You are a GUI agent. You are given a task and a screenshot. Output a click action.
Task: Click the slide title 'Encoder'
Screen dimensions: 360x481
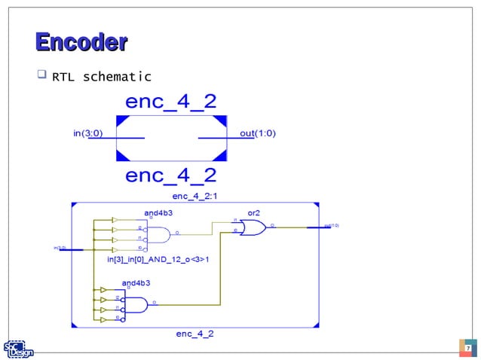click(81, 42)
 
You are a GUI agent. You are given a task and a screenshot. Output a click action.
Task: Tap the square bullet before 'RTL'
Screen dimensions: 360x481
click(41, 76)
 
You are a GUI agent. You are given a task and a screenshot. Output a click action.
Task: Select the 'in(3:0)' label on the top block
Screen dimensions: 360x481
click(88, 133)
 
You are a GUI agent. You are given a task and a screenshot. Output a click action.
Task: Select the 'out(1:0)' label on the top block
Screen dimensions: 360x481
click(258, 133)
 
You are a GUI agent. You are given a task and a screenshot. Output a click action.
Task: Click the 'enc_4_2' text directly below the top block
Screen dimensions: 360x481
click(170, 175)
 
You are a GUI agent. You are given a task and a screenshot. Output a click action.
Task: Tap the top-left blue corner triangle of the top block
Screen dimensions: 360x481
click(121, 121)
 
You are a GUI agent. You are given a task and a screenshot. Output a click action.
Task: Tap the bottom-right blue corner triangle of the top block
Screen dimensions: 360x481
click(220, 156)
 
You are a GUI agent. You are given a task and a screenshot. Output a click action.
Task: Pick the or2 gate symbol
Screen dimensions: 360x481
click(253, 227)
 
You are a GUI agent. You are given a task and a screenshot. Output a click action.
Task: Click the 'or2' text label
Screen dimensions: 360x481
click(247, 212)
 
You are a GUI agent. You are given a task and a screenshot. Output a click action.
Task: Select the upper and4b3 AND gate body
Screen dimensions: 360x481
click(158, 234)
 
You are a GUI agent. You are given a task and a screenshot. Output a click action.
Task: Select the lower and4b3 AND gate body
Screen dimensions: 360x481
click(136, 305)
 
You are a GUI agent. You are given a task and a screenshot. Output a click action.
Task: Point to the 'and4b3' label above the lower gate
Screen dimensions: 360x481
click(136, 282)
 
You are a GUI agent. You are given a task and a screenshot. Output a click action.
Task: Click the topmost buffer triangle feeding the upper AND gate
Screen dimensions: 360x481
click(114, 220)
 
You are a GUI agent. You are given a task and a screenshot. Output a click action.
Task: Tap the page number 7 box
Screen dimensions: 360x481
click(467, 349)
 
